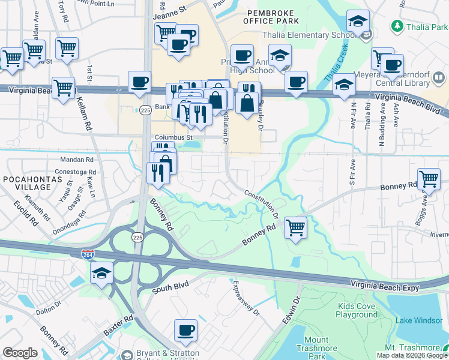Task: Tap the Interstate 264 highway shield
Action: click(x=88, y=254)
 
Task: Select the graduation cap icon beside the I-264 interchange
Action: click(x=101, y=273)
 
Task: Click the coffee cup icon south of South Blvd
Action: click(x=185, y=330)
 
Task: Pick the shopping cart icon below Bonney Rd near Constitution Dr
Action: click(x=295, y=228)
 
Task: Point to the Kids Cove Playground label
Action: click(x=357, y=310)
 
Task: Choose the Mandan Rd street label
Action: click(x=77, y=160)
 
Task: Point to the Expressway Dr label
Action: click(x=246, y=299)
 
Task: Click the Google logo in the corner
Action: click(x=20, y=353)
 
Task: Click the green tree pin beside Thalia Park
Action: click(x=397, y=26)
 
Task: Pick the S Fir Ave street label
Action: click(x=345, y=171)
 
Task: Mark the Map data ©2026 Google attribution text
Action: click(x=411, y=355)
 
